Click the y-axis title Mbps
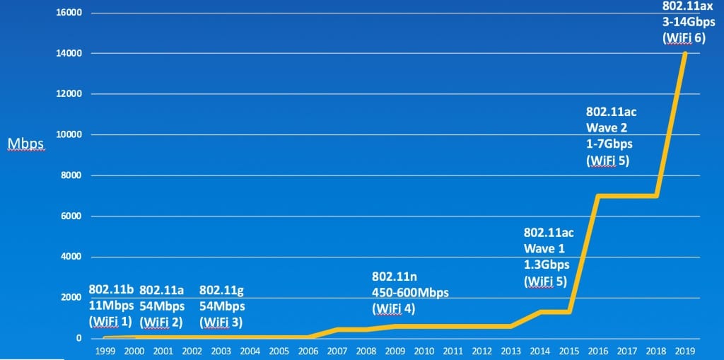point(25,144)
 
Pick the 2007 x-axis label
point(336,351)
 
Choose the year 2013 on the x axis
point(511,351)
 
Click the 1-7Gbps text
point(609,144)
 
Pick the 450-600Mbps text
point(410,292)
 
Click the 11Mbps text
point(110,306)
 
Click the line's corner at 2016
point(599,196)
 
